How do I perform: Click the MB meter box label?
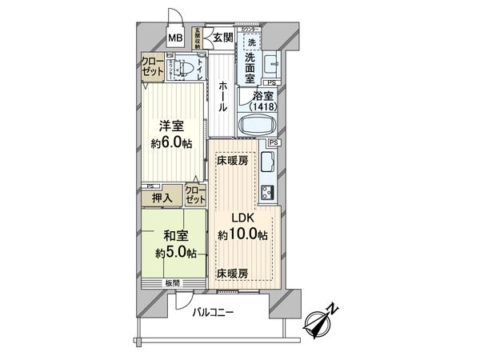174,36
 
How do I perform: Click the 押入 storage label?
162,197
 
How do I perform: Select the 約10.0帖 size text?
242,234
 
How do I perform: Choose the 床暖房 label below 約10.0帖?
232,274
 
